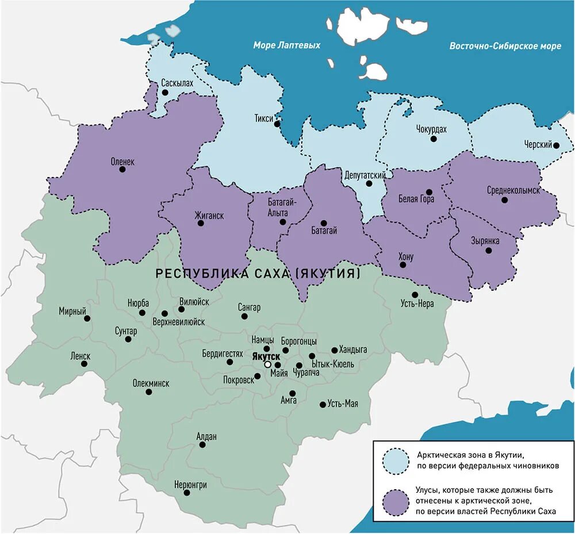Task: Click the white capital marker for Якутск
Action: (x=267, y=365)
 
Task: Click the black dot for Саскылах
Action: (x=165, y=93)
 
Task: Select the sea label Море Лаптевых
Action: (x=287, y=45)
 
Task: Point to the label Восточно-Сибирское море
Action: (x=505, y=46)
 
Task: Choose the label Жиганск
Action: (x=209, y=216)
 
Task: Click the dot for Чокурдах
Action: (x=434, y=139)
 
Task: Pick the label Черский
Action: (x=538, y=144)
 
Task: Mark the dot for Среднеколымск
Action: (x=504, y=200)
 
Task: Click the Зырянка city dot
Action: (x=488, y=251)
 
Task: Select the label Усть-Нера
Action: (x=414, y=304)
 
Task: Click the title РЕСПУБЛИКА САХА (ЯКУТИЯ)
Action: (x=258, y=274)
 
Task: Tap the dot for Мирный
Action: (x=87, y=318)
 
